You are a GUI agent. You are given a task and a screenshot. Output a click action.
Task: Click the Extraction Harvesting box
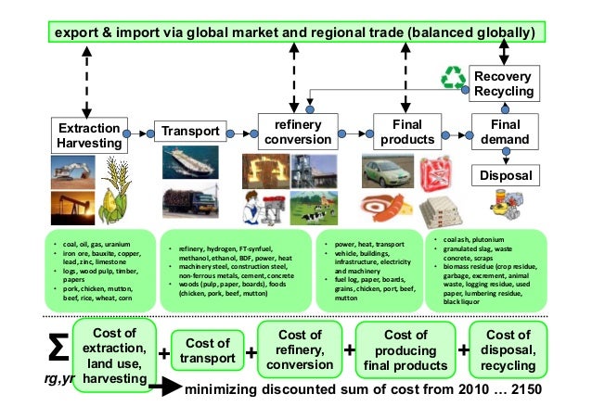pyautogui.click(x=87, y=135)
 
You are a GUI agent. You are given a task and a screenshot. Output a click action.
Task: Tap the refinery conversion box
pyautogui.click(x=296, y=132)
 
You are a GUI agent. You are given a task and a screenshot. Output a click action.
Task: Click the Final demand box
pyautogui.click(x=505, y=132)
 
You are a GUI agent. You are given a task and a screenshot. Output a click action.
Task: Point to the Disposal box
pyautogui.click(x=505, y=175)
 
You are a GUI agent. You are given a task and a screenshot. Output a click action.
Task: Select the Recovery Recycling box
pyautogui.click(x=504, y=83)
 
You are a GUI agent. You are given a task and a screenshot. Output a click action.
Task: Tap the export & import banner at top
pyautogui.click(x=295, y=33)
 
